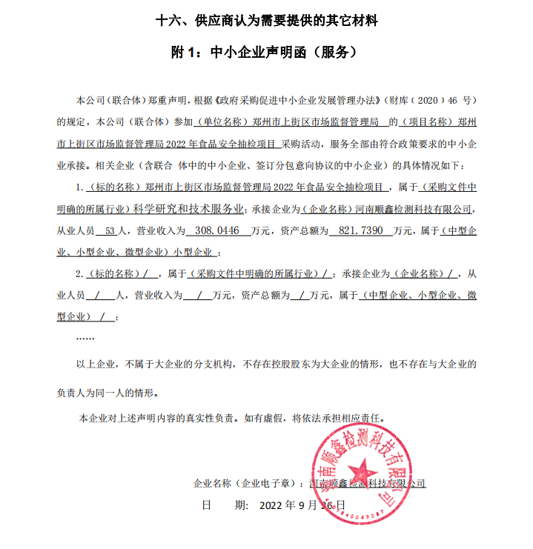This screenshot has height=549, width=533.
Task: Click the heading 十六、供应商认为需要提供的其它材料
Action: (266, 21)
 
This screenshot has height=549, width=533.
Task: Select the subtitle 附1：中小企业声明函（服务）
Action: (266, 53)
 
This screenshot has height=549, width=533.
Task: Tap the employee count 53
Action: (112, 231)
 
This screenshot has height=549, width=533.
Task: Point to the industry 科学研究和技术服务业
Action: (193, 210)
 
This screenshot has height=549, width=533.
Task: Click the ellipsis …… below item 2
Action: (85, 338)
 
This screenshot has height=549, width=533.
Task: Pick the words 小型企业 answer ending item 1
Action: (194, 252)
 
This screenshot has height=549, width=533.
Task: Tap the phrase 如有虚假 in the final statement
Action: (263, 418)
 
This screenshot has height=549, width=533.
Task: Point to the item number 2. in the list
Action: (80, 274)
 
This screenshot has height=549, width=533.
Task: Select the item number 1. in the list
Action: (80, 188)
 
